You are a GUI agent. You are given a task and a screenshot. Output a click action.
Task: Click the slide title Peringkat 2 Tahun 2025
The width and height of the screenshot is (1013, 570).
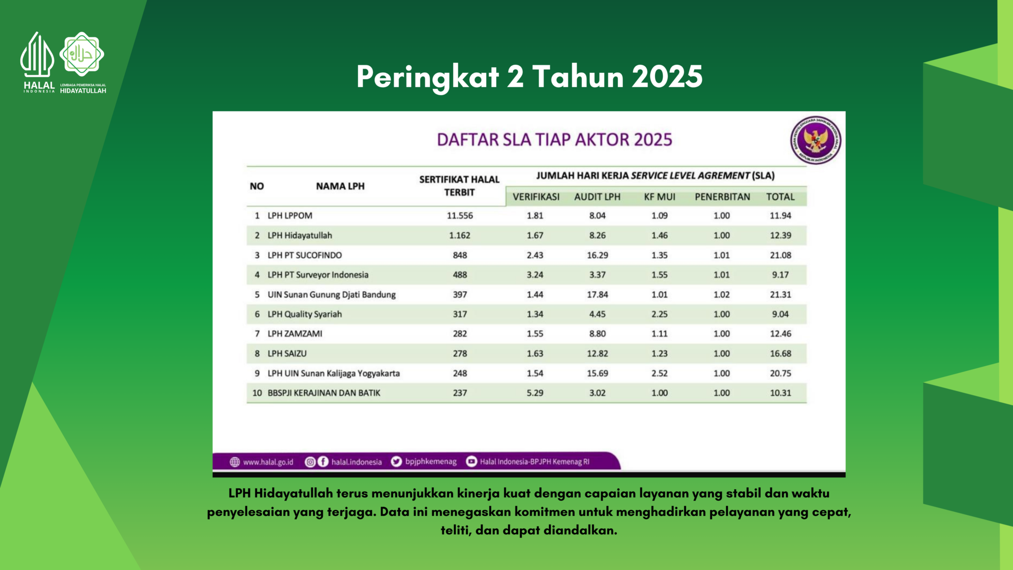529,77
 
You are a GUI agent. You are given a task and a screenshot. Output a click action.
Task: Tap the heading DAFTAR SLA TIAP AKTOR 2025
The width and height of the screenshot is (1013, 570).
554,140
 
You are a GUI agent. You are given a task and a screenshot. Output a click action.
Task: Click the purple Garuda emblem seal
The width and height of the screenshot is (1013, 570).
815,141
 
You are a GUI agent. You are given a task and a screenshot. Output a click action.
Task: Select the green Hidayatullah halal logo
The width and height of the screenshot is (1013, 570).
82,54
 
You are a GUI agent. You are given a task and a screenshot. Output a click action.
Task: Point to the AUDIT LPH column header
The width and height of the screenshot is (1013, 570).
597,197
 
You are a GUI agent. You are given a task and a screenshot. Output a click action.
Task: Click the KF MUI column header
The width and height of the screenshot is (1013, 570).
659,197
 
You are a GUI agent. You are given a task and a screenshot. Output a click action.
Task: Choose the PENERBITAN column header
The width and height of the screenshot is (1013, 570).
722,197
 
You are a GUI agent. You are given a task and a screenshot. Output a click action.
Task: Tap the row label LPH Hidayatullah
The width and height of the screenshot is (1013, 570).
300,236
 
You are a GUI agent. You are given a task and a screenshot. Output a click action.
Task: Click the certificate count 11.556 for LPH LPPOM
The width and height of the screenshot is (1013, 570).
460,216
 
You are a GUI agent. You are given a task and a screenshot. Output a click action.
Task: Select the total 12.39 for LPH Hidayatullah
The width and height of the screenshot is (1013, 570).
780,236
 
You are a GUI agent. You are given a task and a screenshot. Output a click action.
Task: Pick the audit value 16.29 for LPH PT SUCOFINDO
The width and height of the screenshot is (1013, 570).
597,255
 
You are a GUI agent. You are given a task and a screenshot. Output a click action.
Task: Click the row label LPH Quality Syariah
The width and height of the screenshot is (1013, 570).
305,314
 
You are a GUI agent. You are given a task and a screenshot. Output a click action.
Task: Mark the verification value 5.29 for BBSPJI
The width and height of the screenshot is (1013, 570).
535,393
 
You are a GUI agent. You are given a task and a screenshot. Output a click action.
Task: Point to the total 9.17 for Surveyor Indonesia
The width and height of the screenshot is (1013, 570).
780,275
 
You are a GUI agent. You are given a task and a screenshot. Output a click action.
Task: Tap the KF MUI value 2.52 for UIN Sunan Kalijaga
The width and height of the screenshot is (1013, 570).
659,373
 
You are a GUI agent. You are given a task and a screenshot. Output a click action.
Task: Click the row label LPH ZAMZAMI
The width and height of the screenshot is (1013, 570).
295,334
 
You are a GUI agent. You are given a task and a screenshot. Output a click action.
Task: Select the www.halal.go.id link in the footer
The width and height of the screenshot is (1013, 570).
268,462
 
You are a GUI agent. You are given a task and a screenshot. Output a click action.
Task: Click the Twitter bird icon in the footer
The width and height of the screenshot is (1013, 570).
396,462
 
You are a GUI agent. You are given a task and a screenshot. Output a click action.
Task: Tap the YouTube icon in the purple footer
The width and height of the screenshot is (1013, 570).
471,462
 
